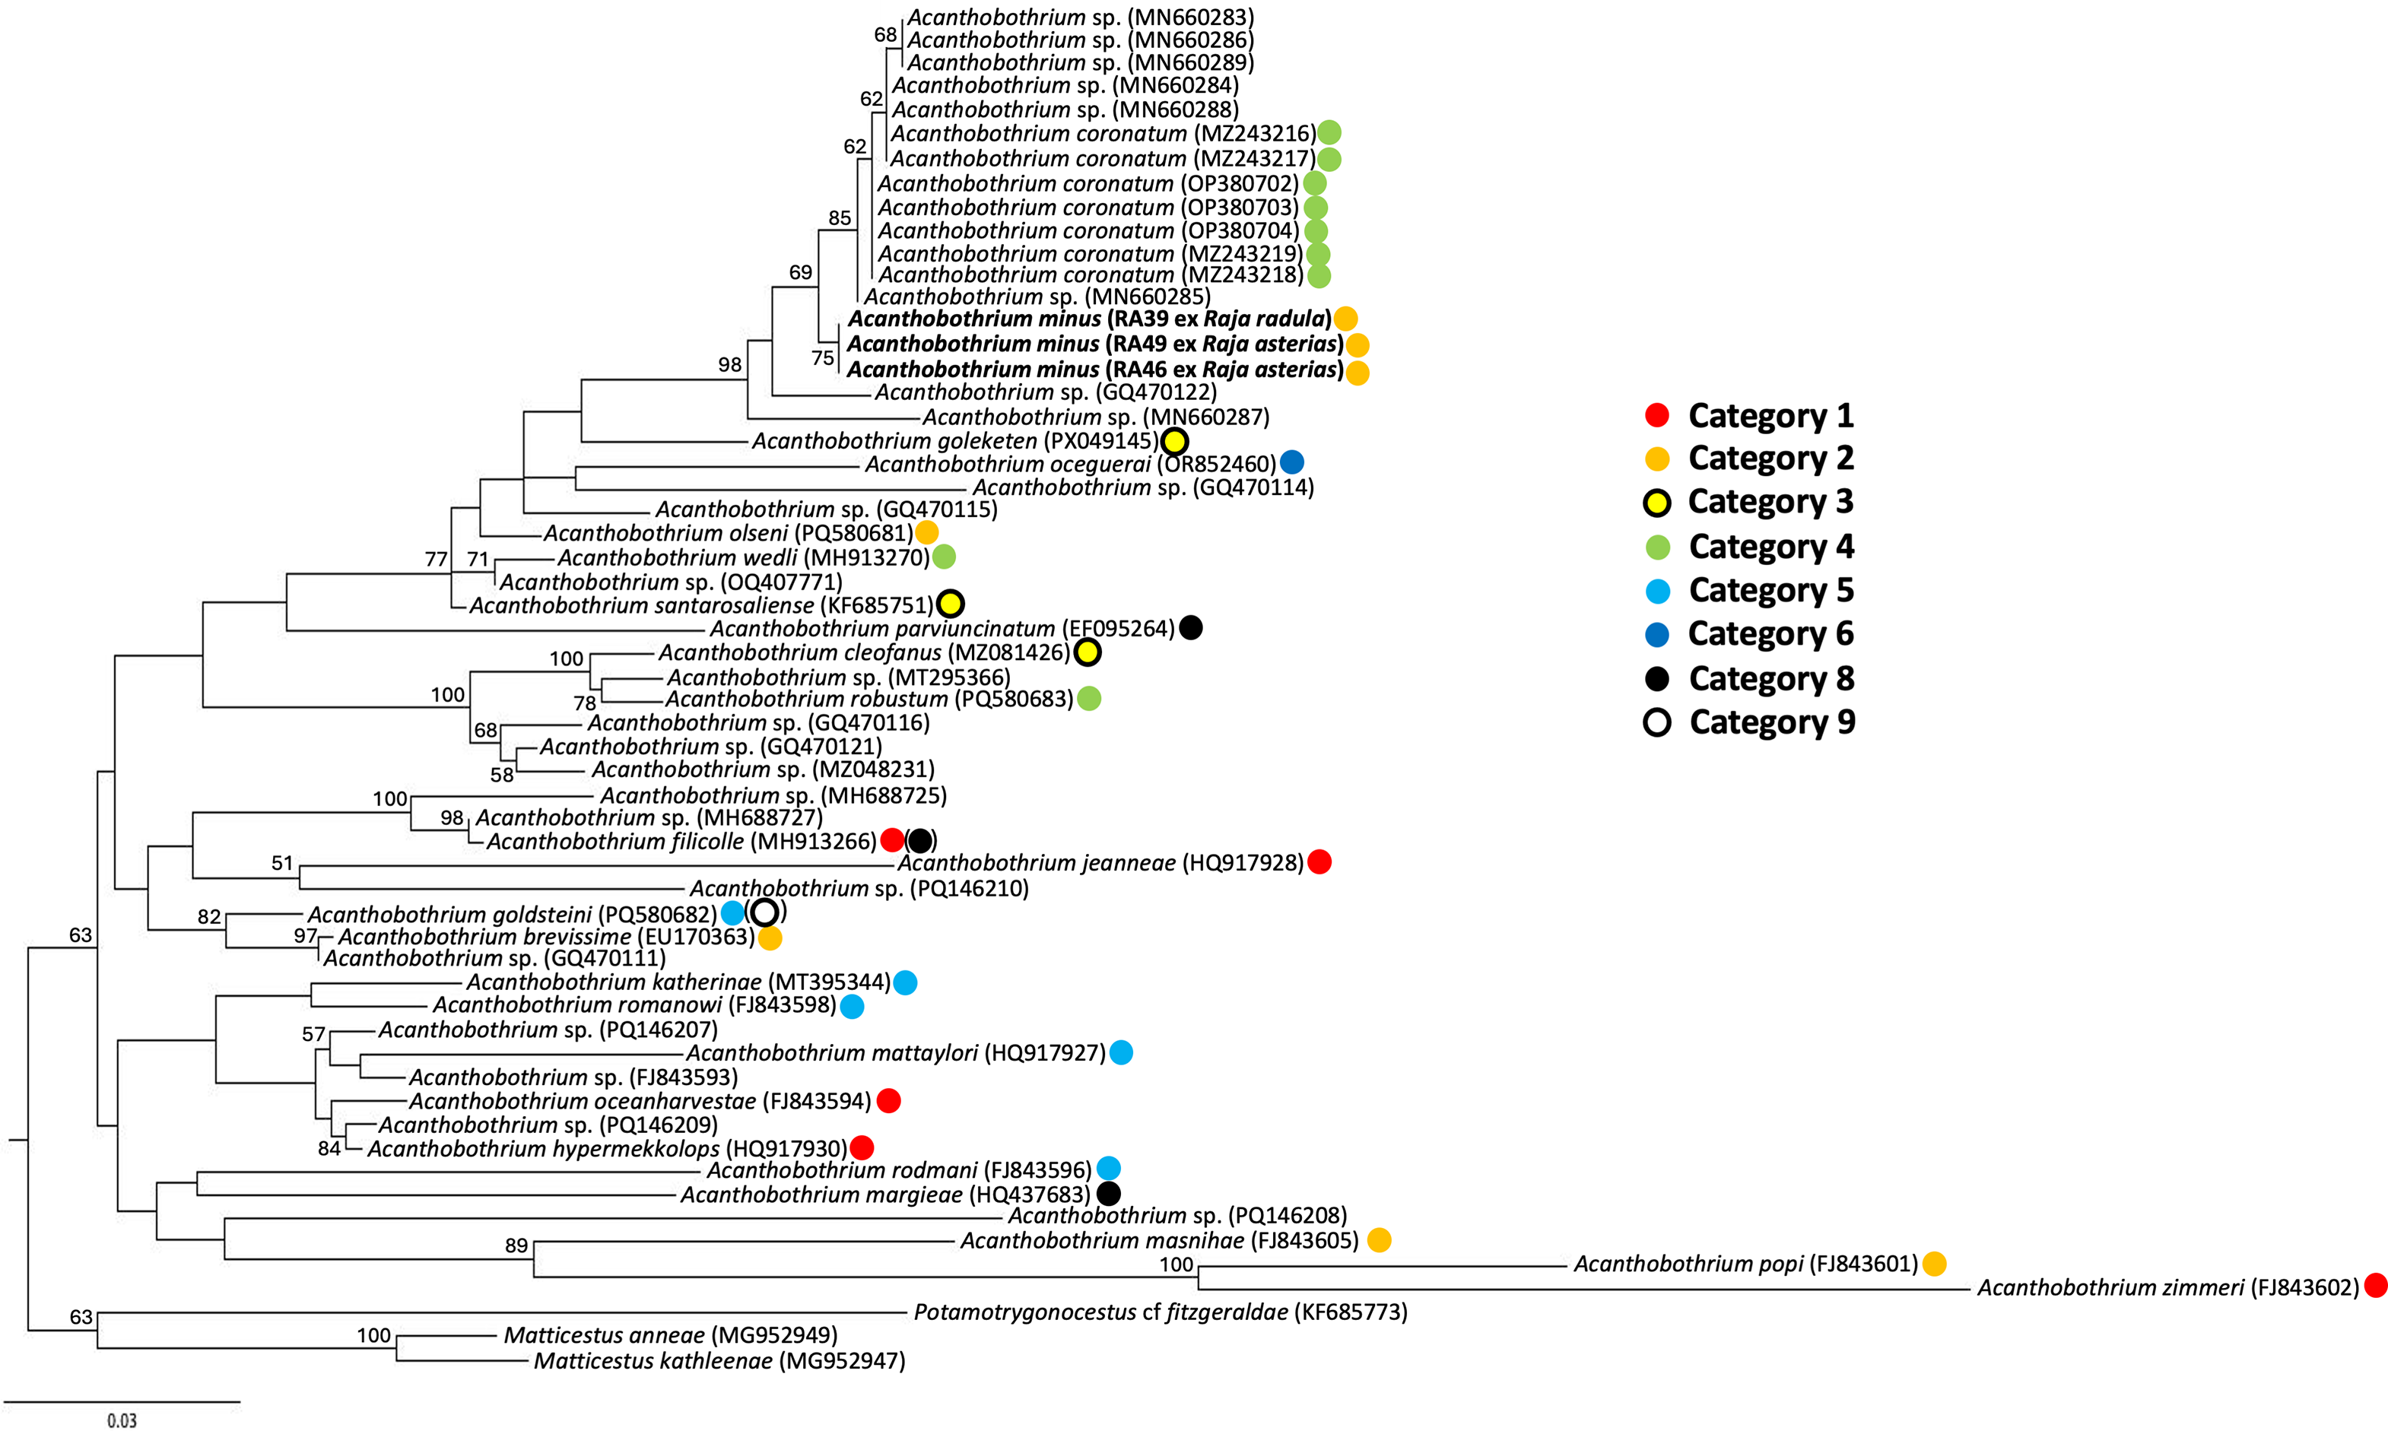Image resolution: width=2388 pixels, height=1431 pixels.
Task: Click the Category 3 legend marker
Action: tap(1656, 503)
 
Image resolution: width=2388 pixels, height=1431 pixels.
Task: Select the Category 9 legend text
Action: tap(1772, 722)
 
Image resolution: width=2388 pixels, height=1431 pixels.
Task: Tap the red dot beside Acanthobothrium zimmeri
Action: tap(2376, 1286)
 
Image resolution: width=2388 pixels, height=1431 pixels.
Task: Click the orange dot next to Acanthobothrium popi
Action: tap(1934, 1263)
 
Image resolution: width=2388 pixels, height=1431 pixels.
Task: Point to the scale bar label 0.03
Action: tap(122, 1420)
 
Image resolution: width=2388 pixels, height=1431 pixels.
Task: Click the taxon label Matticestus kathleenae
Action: tap(719, 1360)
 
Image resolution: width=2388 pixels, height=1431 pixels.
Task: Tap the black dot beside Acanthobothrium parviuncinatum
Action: tap(1191, 628)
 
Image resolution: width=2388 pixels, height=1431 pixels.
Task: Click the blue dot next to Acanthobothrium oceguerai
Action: tap(1291, 463)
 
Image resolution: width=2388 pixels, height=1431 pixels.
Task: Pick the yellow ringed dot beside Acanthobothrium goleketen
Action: tap(1173, 442)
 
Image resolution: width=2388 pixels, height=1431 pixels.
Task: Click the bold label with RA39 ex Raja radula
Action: tap(1089, 319)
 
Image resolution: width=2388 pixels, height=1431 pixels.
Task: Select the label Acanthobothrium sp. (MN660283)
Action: tap(1080, 17)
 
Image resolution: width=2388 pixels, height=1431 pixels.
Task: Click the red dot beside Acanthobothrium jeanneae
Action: tap(1319, 862)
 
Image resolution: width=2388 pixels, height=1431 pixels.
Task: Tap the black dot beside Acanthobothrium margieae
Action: tap(1109, 1194)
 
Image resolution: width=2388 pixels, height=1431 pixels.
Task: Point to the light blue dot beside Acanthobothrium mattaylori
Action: tap(1121, 1052)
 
